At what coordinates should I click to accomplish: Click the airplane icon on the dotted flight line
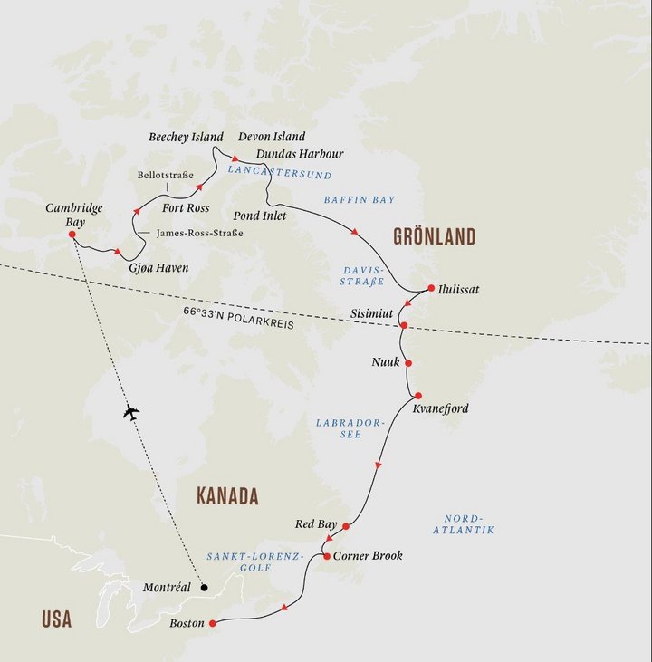(130, 412)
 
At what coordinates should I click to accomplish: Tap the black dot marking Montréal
(204, 588)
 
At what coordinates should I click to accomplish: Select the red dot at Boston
(212, 623)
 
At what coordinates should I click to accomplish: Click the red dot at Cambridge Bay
(72, 235)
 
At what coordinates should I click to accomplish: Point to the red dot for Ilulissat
(431, 290)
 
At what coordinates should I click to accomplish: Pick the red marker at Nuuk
(408, 363)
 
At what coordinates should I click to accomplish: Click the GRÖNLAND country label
(434, 237)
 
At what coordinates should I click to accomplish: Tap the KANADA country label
(227, 496)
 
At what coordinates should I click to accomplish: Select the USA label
(56, 619)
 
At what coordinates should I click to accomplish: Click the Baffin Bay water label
(360, 199)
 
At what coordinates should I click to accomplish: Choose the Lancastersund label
(280, 173)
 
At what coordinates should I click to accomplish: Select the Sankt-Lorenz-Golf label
(253, 563)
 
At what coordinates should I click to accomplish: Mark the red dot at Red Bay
(346, 525)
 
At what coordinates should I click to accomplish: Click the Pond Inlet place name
(259, 216)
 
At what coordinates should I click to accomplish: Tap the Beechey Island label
(186, 137)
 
